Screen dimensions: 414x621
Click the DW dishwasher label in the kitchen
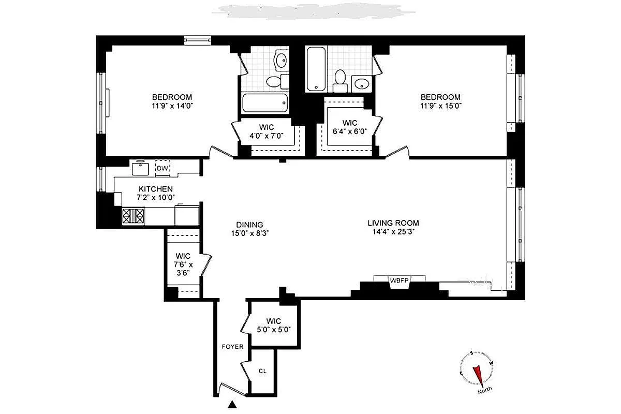[162, 168]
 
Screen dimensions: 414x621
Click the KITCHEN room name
[155, 189]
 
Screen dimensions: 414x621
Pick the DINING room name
[250, 225]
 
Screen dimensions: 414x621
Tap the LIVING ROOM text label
[393, 223]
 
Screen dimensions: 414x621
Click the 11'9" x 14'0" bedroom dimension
[172, 106]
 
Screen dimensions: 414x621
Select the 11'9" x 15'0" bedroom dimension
[440, 106]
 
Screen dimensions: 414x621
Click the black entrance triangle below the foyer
[233, 405]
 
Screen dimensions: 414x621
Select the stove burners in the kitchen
[133, 215]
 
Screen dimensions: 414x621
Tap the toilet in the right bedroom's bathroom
[340, 79]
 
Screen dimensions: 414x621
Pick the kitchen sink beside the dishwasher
[139, 168]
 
